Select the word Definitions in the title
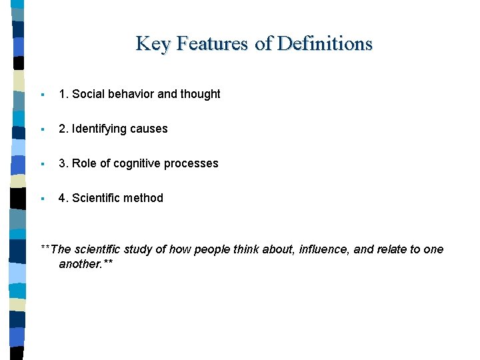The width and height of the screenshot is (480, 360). point(325,44)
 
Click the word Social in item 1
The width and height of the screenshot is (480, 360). point(88,94)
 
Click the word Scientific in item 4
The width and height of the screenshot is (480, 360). point(96,198)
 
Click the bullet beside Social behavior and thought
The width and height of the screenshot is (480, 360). point(42,95)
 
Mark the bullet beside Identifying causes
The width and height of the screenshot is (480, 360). point(42,129)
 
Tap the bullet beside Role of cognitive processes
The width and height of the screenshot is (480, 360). point(42,164)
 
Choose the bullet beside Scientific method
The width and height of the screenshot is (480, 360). point(42,199)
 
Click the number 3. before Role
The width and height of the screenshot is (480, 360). point(63,163)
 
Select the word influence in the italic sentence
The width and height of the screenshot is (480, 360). point(324,249)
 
